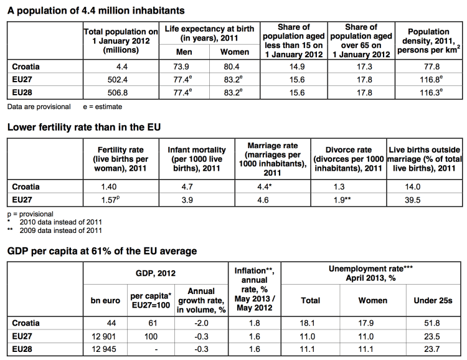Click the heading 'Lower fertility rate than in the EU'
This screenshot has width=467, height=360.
tap(84, 127)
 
